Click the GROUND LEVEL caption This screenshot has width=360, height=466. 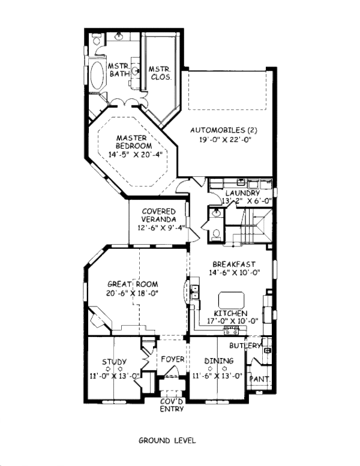tap(167, 440)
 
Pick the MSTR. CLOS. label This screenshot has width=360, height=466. tap(160, 73)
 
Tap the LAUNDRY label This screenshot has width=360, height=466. tap(243, 193)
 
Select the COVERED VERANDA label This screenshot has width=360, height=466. tap(159, 215)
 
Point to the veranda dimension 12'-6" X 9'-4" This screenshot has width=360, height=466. tap(159, 228)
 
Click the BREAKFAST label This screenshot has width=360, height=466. tap(234, 264)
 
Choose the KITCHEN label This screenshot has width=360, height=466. tap(231, 313)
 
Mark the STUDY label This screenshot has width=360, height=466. tap(114, 361)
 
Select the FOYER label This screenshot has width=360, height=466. tap(172, 359)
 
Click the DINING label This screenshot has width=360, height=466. tap(215, 360)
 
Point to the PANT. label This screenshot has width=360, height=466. tap(259, 379)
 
